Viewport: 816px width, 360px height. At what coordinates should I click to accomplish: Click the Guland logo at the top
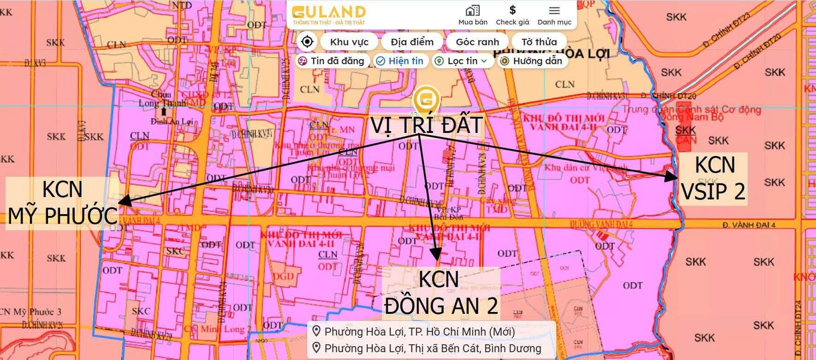click(329, 14)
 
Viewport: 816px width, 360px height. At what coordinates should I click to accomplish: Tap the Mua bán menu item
click(473, 15)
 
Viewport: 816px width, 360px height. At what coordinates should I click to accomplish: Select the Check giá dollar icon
click(512, 15)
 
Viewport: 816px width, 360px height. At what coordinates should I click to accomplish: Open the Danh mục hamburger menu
click(554, 15)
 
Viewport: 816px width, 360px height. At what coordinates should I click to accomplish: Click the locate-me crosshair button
click(307, 41)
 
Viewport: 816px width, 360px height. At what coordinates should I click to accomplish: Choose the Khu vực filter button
click(349, 42)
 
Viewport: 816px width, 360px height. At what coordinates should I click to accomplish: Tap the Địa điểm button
click(412, 42)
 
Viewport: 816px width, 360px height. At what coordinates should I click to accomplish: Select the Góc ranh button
click(477, 42)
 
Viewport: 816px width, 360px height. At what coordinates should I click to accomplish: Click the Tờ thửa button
click(539, 42)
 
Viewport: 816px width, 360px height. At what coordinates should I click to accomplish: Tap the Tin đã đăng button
click(332, 61)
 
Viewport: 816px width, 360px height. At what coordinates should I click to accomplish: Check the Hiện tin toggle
click(400, 61)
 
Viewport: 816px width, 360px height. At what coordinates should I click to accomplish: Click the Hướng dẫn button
click(532, 61)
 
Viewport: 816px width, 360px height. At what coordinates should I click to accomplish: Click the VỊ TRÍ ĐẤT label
click(426, 125)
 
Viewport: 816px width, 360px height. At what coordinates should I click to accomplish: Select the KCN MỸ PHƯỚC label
click(62, 203)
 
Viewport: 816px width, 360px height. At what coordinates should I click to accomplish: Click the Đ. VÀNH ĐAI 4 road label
click(749, 225)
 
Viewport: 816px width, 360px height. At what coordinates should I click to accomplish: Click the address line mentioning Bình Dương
click(432, 348)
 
